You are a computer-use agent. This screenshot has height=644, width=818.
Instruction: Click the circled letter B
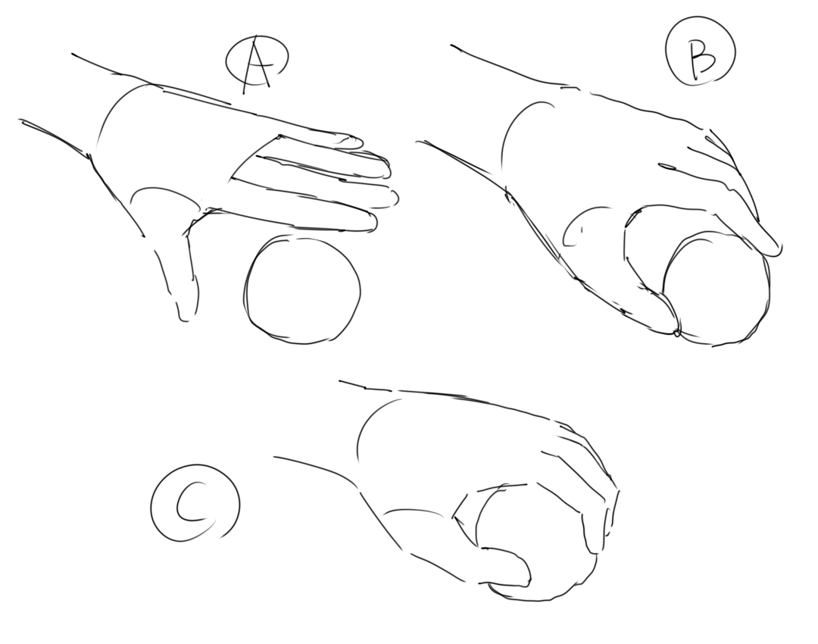pyautogui.click(x=701, y=52)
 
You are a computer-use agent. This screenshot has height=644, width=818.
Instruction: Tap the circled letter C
pyautogui.click(x=195, y=503)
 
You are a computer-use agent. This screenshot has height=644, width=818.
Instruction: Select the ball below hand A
pyautogui.click(x=302, y=289)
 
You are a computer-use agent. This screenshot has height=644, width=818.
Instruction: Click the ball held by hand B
pyautogui.click(x=717, y=289)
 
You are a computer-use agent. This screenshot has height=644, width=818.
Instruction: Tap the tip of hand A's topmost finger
pyautogui.click(x=360, y=141)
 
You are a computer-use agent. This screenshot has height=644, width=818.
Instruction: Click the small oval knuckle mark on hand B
pyautogui.click(x=667, y=167)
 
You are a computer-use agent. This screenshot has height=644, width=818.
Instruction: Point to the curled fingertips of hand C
pyautogui.click(x=600, y=517)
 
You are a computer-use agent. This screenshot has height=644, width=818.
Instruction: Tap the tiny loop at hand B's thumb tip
pyautogui.click(x=677, y=333)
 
